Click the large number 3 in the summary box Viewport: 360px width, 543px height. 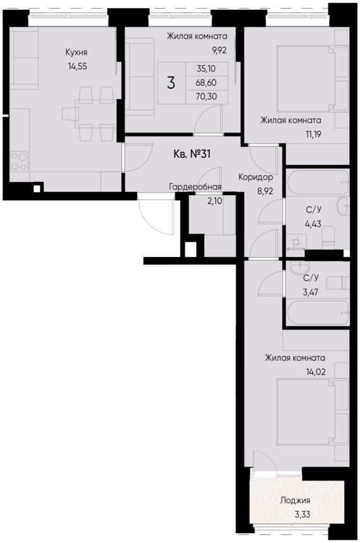[171, 83]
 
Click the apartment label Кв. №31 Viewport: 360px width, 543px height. [191, 154]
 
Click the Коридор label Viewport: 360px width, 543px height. [255, 178]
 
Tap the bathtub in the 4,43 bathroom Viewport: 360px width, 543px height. [317, 183]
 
